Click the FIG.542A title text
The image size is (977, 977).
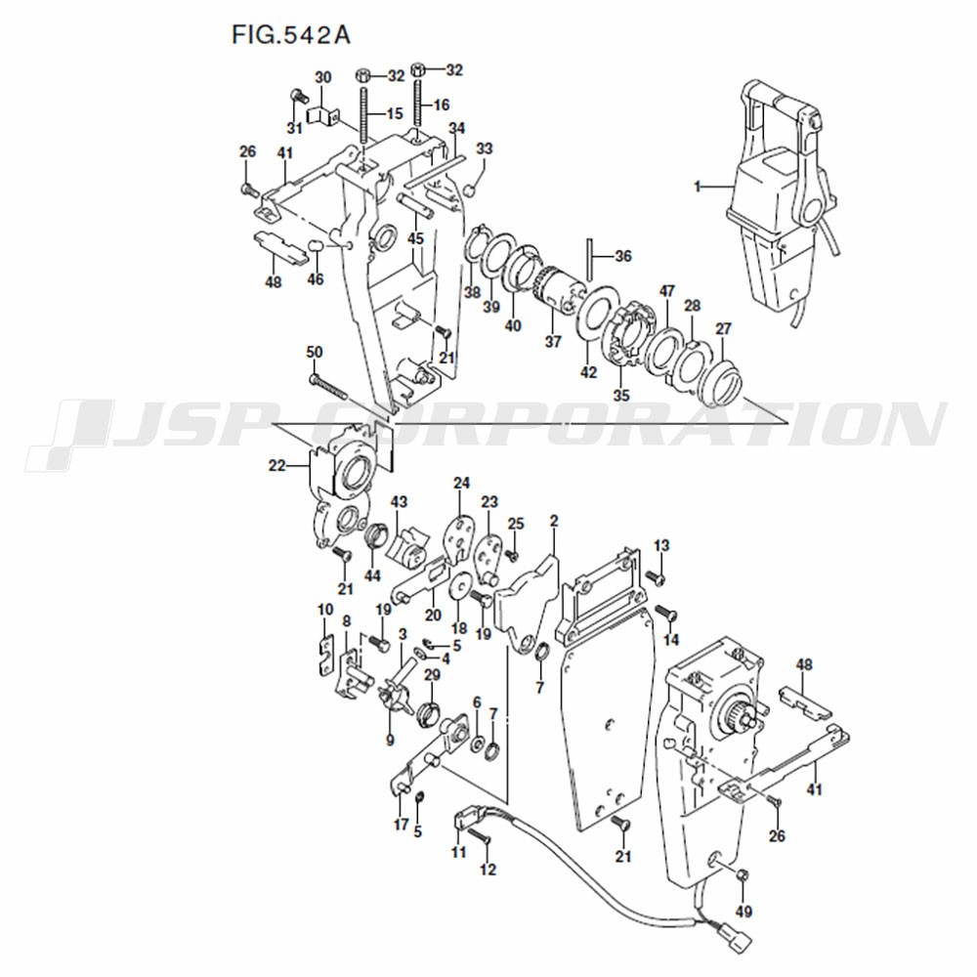(291, 35)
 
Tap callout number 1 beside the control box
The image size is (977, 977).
(698, 186)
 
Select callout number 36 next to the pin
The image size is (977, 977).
(622, 256)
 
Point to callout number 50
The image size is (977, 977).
(314, 352)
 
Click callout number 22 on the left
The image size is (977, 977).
(277, 465)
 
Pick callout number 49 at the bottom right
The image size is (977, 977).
(743, 911)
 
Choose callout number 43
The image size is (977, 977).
(399, 501)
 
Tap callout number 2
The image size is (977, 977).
(554, 521)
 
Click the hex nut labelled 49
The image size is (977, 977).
(743, 876)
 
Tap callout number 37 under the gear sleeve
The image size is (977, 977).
(553, 341)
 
